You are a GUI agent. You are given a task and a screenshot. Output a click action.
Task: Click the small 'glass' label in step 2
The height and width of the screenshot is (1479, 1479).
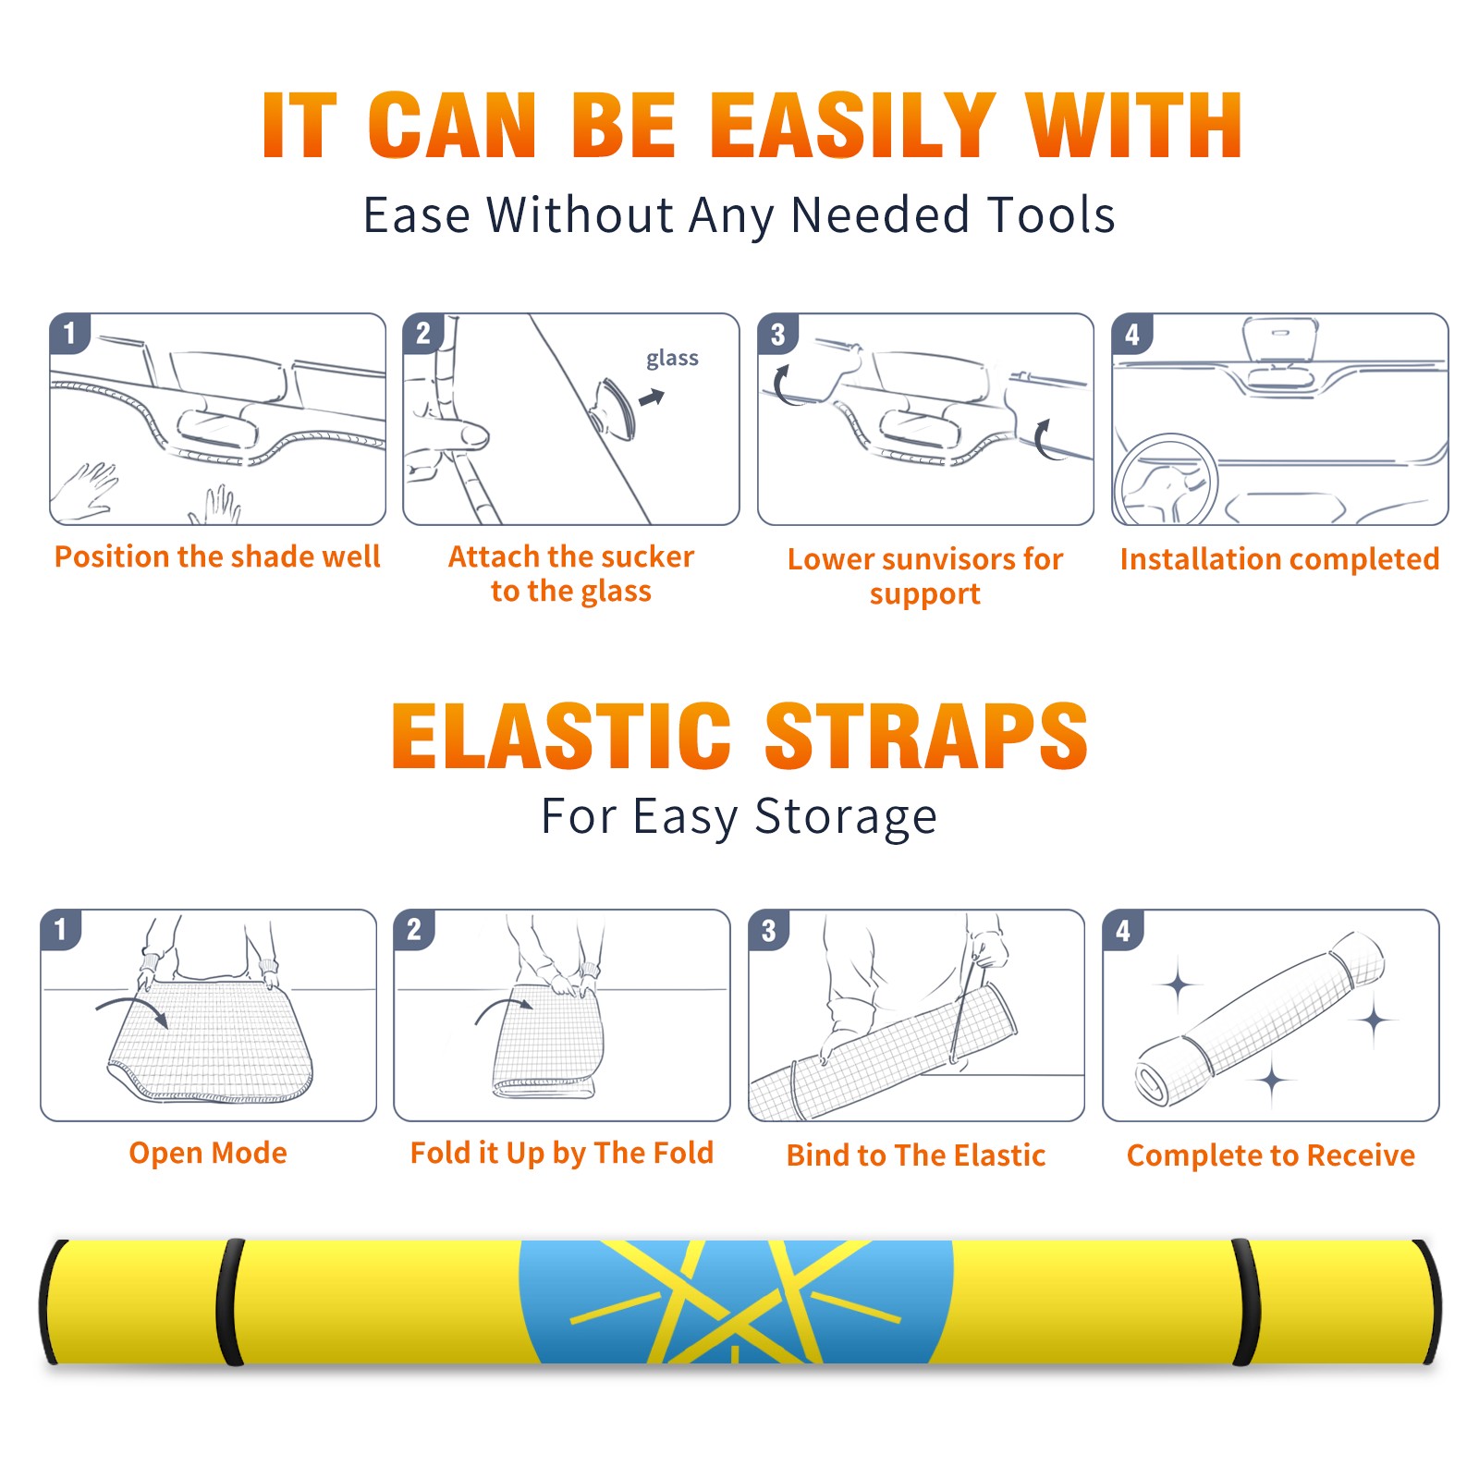pyautogui.click(x=672, y=359)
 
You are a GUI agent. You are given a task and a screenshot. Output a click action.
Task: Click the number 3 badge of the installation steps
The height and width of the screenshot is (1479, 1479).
pyautogui.click(x=778, y=334)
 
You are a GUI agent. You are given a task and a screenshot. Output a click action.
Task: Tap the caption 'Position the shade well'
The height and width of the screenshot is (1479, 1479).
pyautogui.click(x=217, y=556)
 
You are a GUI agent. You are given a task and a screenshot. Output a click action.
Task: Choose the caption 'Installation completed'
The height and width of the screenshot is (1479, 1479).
pyautogui.click(x=1279, y=559)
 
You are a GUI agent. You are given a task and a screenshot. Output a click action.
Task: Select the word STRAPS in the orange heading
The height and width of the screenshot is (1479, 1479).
pyautogui.click(x=926, y=736)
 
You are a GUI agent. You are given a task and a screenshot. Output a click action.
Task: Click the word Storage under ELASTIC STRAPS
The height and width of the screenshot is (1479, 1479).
pyautogui.click(x=846, y=817)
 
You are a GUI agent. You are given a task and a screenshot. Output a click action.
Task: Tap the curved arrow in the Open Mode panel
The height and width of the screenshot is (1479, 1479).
pyautogui.click(x=133, y=1005)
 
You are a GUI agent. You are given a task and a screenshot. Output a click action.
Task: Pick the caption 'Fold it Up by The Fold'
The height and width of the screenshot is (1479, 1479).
pyautogui.click(x=562, y=1153)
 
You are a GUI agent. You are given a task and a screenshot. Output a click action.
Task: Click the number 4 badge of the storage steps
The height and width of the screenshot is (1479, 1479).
pyautogui.click(x=1123, y=930)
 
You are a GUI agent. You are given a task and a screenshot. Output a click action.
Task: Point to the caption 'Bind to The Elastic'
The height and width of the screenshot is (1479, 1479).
pyautogui.click(x=916, y=1155)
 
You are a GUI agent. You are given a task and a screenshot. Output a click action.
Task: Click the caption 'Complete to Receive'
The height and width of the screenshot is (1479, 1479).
pyautogui.click(x=1271, y=1155)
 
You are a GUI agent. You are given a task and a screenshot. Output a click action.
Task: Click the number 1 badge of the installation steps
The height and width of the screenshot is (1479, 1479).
pyautogui.click(x=70, y=334)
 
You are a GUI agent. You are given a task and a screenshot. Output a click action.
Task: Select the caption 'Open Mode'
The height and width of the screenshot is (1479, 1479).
pyautogui.click(x=208, y=1153)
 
